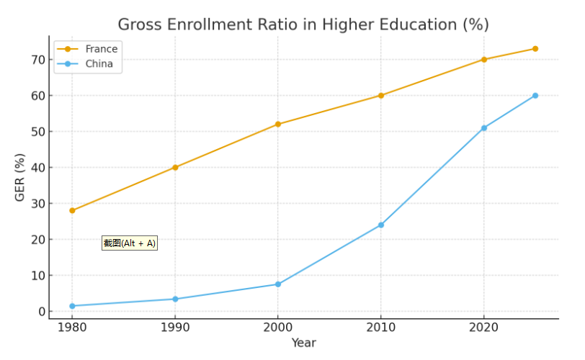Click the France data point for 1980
pos(72,210)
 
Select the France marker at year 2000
pos(278,124)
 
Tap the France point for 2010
pos(381,95)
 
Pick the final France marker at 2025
pos(535,49)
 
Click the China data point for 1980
pos(72,306)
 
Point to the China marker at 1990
pos(175,299)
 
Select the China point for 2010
pos(381,225)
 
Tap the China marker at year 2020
pos(484,128)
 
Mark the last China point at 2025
pos(535,96)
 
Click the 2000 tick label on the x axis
pos(278,328)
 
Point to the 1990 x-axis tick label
pos(175,328)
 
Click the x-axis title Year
pos(303,343)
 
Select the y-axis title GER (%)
pos(20,177)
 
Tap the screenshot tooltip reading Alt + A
pos(129,243)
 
